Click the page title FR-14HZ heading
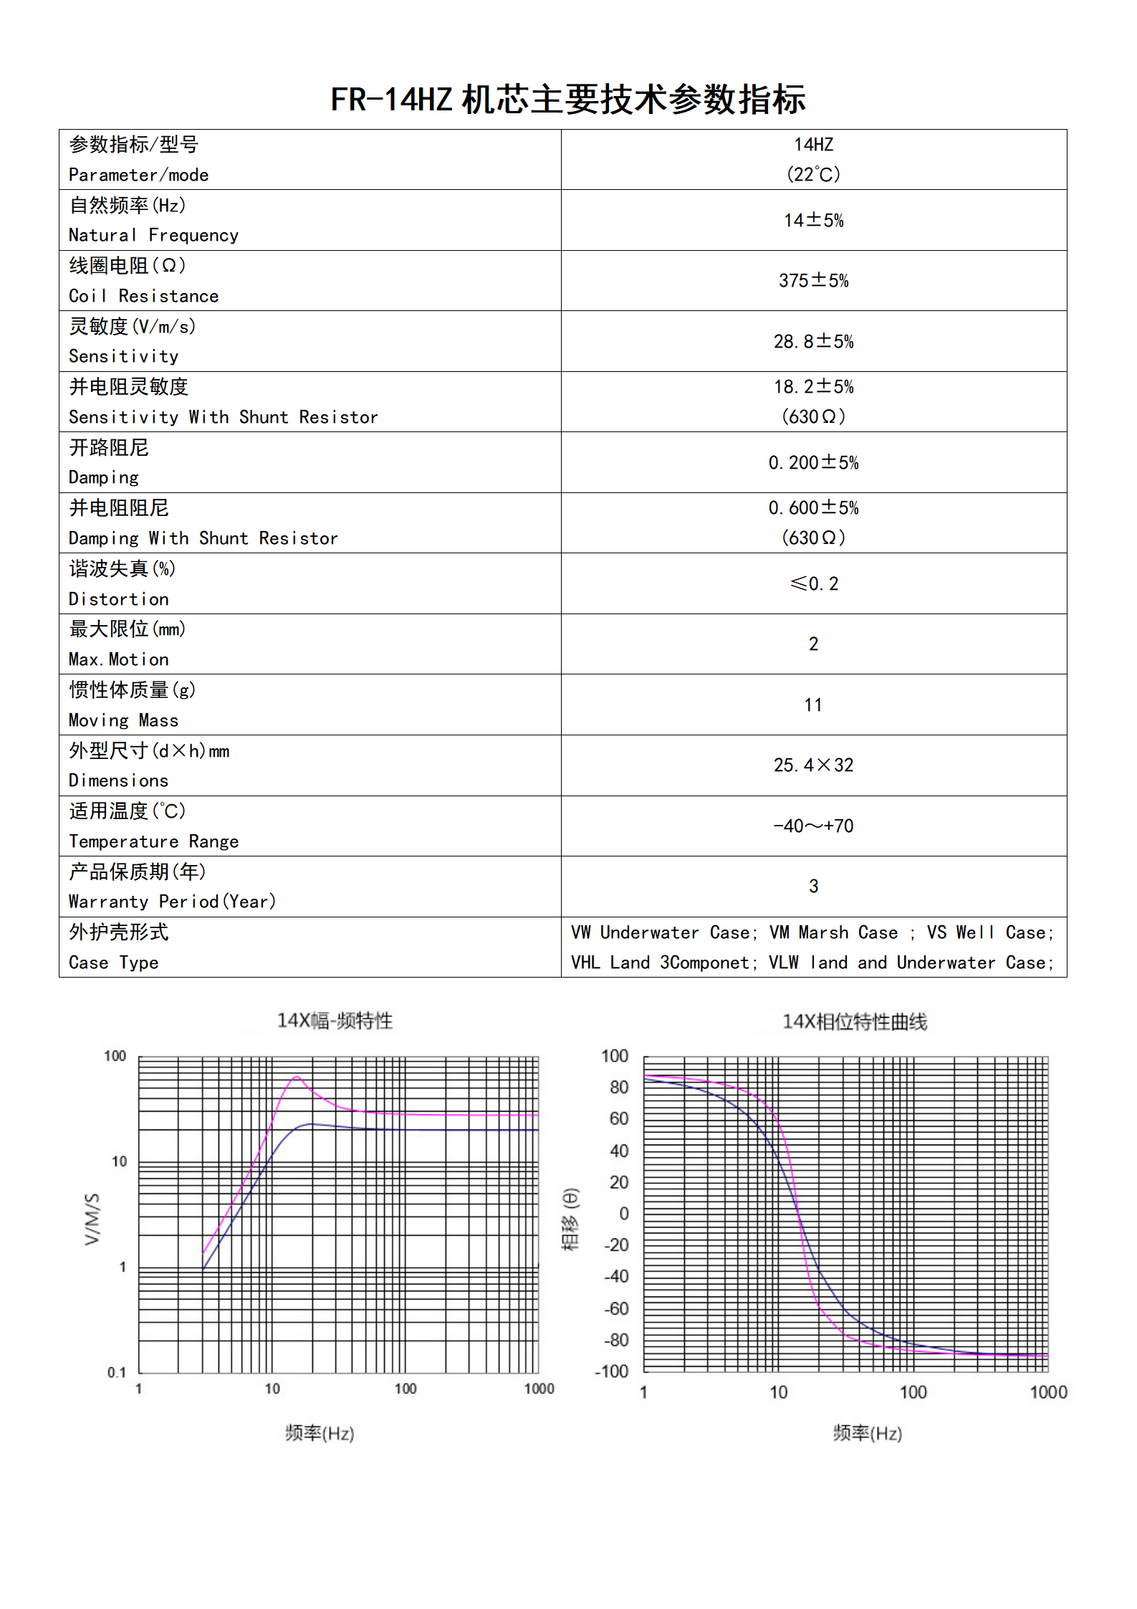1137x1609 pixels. point(568,100)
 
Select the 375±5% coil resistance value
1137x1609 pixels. point(813,281)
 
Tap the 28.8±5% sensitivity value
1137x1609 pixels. point(813,342)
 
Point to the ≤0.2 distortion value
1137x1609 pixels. point(813,584)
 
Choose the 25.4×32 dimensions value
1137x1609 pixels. point(813,765)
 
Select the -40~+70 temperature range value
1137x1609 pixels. point(813,826)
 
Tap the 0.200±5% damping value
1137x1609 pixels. point(813,463)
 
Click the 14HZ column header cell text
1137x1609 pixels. point(813,145)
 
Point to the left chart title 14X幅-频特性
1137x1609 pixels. point(335,1021)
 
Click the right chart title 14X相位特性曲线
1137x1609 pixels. point(854,1022)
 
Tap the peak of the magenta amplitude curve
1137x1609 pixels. point(297,1076)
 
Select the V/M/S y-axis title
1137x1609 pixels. point(92,1219)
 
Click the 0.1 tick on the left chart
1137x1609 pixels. point(116,1372)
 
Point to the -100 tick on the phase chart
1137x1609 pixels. point(612,1372)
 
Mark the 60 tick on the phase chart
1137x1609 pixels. point(619,1119)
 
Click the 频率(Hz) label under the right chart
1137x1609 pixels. point(867,1433)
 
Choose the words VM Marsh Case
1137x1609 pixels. point(833,932)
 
